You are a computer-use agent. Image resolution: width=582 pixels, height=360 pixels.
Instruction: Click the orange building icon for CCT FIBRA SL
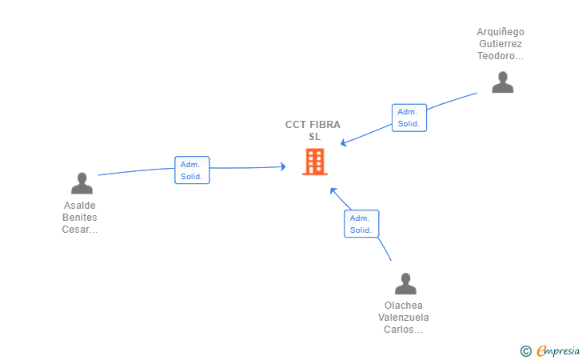[314, 162]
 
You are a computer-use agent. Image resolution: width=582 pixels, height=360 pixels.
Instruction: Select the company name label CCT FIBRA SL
[313, 130]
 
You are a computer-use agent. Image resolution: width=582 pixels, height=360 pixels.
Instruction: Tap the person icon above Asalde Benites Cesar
[82, 183]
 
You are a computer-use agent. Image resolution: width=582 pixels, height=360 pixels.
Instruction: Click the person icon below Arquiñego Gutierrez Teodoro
[502, 82]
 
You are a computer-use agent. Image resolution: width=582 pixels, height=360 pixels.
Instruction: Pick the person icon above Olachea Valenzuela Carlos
[405, 284]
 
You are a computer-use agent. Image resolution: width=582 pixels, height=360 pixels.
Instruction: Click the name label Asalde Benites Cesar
[80, 218]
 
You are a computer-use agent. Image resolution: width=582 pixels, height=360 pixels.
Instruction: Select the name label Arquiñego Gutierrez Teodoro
[500, 44]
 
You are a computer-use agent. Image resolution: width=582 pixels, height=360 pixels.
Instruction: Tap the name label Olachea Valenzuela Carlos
[404, 318]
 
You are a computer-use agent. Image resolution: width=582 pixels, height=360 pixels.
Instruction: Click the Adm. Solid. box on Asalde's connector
[192, 170]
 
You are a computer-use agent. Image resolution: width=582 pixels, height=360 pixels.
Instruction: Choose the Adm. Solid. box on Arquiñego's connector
[409, 118]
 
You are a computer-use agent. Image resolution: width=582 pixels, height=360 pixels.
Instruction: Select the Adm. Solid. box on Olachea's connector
[361, 224]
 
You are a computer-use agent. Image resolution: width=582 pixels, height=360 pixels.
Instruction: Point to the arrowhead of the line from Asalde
[283, 166]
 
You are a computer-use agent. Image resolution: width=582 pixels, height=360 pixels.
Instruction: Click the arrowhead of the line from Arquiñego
[343, 143]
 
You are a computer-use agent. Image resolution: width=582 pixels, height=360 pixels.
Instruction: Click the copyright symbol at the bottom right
[525, 350]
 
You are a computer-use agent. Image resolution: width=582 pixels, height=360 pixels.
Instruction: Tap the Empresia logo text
[557, 350]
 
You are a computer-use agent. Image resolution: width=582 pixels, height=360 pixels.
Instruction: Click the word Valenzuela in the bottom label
[404, 318]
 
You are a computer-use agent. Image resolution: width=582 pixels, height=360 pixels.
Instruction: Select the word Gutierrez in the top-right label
[500, 44]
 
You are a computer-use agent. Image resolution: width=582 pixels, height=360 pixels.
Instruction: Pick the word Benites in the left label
[80, 218]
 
